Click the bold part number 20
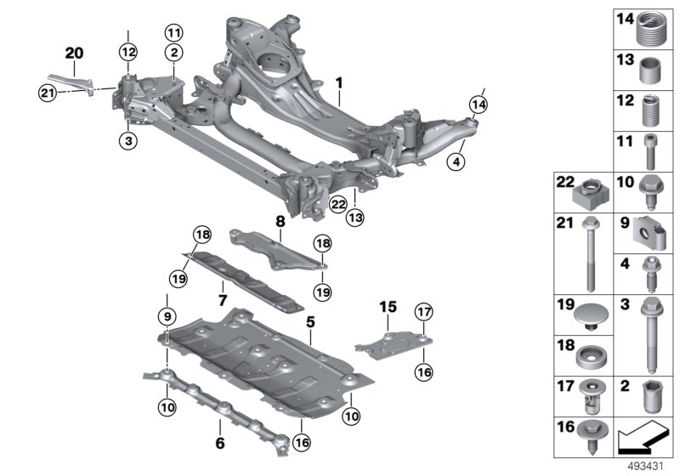click(74, 54)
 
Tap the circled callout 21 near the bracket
click(48, 93)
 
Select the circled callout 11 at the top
click(174, 32)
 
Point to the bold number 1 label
click(339, 82)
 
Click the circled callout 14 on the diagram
click(478, 105)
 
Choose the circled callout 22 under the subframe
click(338, 204)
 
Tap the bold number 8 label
click(280, 222)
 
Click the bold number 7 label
click(223, 300)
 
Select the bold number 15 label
click(388, 307)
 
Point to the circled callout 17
click(423, 312)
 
